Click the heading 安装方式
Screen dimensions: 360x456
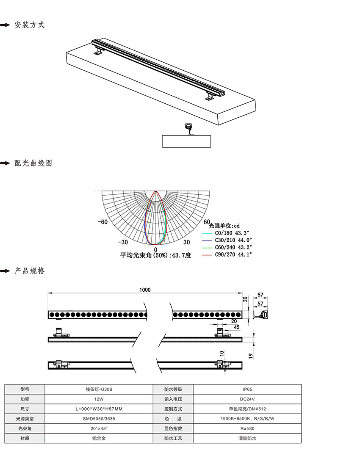click(x=29, y=25)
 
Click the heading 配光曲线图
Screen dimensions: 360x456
click(x=33, y=163)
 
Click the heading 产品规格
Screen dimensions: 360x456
click(x=29, y=271)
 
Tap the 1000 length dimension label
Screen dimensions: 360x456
click(x=145, y=290)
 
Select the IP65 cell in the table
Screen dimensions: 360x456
click(x=247, y=389)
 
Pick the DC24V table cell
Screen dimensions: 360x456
click(x=247, y=399)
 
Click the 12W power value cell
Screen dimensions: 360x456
click(x=99, y=399)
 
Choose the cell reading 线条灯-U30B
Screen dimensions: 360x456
click(x=99, y=389)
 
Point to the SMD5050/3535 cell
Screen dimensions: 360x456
click(x=99, y=419)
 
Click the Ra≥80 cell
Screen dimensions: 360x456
click(x=247, y=428)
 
